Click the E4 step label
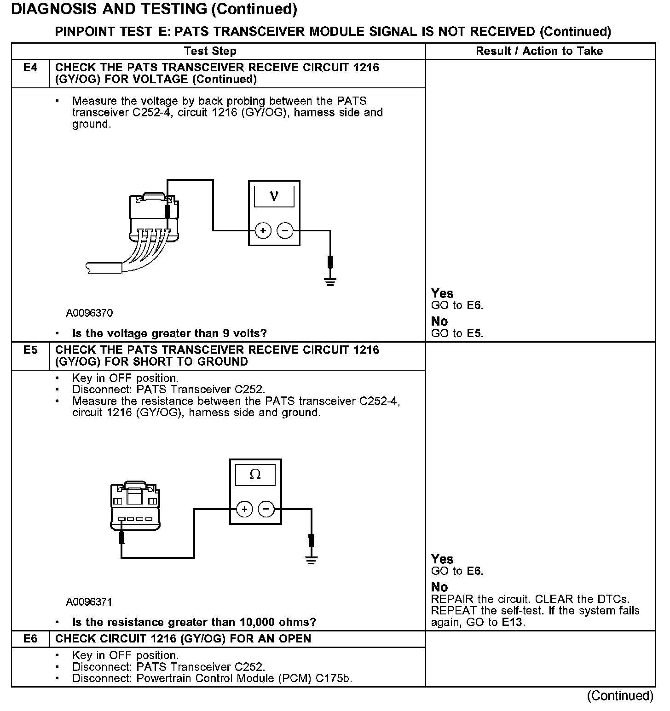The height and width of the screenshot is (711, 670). [x=30, y=68]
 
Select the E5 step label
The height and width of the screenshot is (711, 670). [x=30, y=350]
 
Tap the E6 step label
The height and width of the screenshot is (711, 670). [x=30, y=639]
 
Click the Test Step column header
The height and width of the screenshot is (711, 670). [x=210, y=51]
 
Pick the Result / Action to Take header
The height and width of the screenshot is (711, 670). [x=539, y=51]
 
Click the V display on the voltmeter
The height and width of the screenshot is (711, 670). [x=274, y=196]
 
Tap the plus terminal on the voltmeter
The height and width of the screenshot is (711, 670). [x=263, y=230]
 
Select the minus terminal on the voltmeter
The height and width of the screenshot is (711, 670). [x=285, y=230]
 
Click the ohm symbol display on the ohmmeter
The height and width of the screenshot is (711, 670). [x=255, y=475]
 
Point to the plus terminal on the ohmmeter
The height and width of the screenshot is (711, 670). [x=244, y=509]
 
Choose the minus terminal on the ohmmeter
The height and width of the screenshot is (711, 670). [x=266, y=509]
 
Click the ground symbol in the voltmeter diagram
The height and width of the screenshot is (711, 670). [x=330, y=281]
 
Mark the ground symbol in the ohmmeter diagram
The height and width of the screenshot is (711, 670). [x=312, y=560]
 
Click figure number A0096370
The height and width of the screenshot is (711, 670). [x=89, y=313]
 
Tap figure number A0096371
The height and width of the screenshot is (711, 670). [x=89, y=602]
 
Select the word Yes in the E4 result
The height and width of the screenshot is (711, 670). [x=442, y=293]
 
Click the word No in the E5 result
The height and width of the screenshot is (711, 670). [x=439, y=587]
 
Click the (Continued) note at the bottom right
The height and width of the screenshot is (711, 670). [x=620, y=696]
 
